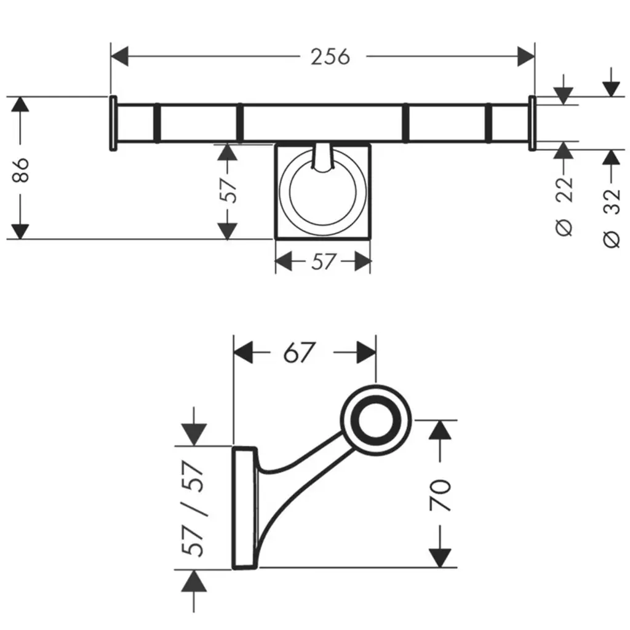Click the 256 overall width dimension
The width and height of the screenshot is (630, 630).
point(330,57)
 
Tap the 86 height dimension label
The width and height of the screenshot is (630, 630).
point(20,170)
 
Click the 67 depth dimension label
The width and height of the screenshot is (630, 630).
point(298,353)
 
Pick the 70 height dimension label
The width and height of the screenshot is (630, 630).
point(441,495)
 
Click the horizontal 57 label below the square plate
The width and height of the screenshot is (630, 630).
point(323,261)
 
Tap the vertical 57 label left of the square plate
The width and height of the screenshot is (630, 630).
point(228,190)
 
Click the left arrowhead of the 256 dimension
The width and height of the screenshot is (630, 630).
point(119,56)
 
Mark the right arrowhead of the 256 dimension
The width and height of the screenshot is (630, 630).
point(526,56)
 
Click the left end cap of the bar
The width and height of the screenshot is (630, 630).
point(113,123)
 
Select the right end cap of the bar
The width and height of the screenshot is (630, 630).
point(532,123)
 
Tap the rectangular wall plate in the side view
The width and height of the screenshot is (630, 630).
point(245,508)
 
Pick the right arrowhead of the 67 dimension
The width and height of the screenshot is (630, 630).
point(367,353)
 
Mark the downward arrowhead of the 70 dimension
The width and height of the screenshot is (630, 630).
point(441,558)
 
